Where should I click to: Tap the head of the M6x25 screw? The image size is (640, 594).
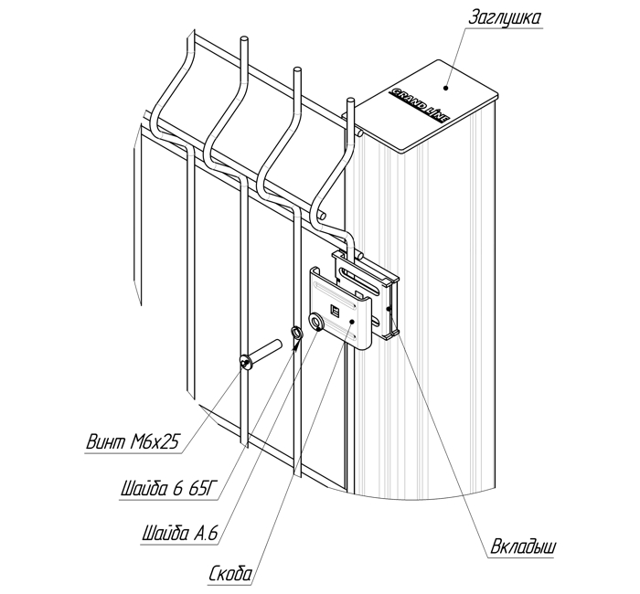pos(246,363)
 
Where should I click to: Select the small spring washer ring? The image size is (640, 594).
pos(296,333)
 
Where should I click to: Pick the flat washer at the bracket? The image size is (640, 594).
pos(318,321)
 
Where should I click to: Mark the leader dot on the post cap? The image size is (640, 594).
pos(445,88)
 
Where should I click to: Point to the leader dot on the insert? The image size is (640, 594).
pos(389,310)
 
